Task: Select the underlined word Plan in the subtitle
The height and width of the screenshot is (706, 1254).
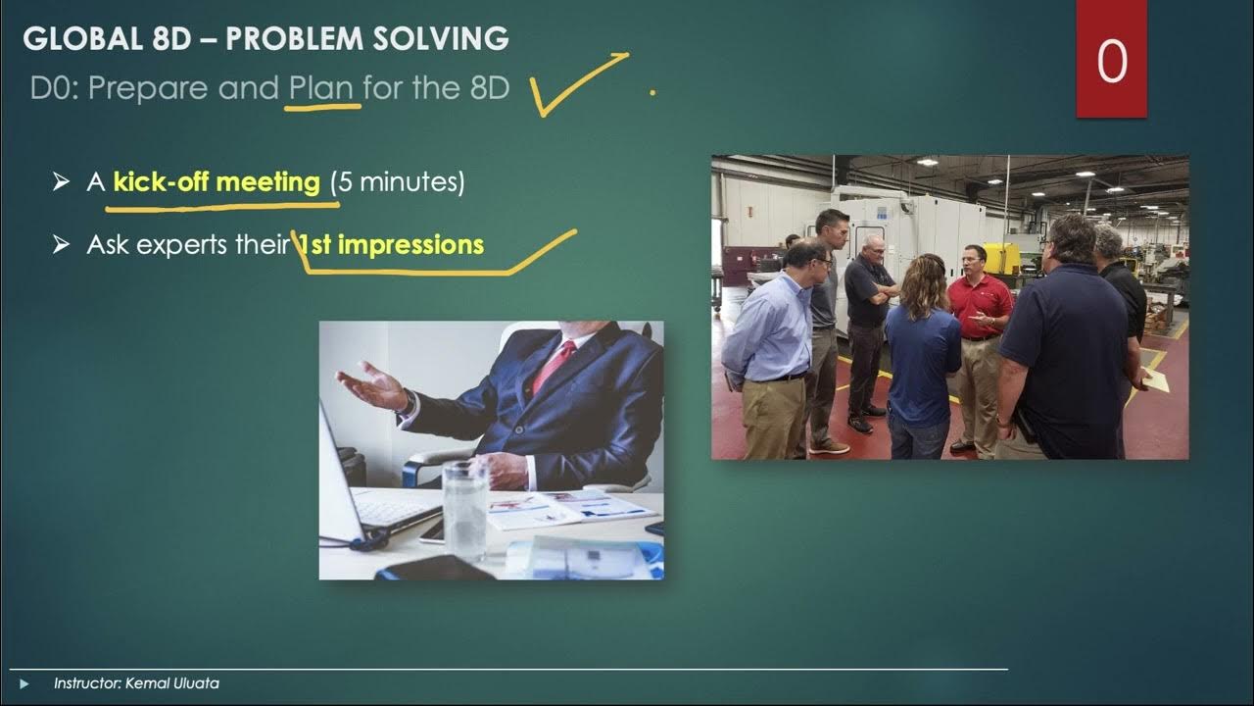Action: click(x=320, y=88)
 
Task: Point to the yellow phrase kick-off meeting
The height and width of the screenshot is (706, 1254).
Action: click(x=217, y=181)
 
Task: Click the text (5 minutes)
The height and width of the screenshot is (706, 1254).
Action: click(x=397, y=181)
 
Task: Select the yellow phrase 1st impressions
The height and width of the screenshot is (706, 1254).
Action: click(x=392, y=244)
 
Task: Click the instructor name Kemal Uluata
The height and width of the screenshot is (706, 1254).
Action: click(x=172, y=683)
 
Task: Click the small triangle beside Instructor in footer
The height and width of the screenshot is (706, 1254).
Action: click(x=25, y=683)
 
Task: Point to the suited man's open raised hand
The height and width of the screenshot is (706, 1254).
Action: click(x=370, y=385)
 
